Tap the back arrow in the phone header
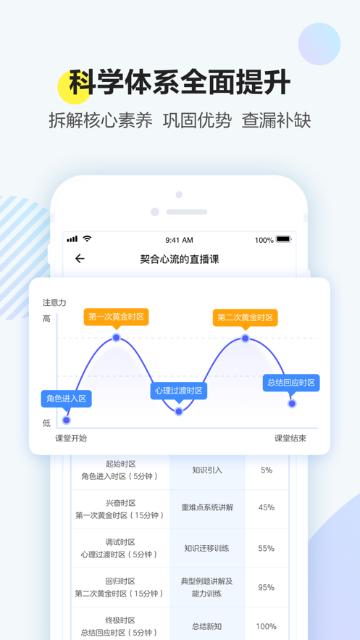pos(80,258)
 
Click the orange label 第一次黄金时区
pos(116,317)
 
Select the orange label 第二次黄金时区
pos(245,317)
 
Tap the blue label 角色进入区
pos(66,399)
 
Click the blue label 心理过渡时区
pos(179,391)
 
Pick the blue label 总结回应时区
pos(291,383)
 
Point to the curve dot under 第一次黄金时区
pos(116,338)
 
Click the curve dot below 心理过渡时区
pos(179,412)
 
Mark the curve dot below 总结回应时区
pos(292,403)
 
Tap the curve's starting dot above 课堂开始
pos(66,420)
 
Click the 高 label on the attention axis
pos(46,319)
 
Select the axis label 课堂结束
pos(290,439)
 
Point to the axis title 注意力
pos(54,302)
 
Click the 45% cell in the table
pos(267,507)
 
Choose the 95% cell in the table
pos(267,587)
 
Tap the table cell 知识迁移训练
pos(206,548)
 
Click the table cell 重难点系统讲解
pos(207,507)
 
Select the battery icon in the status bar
pos(284,238)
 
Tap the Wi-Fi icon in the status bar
pos(87,238)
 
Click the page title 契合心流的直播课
pos(180,259)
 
